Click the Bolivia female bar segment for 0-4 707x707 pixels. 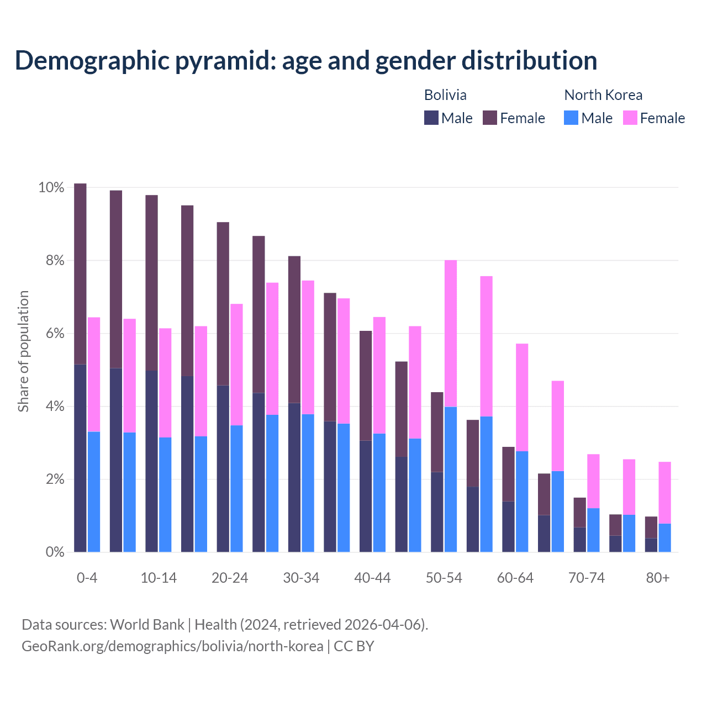tap(80, 273)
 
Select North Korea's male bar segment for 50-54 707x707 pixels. tap(451, 479)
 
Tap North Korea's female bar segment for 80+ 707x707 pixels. tap(664, 492)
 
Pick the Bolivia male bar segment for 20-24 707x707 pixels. tap(223, 468)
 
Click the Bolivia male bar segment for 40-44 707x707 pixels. tap(365, 496)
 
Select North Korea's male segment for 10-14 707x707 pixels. tap(165, 494)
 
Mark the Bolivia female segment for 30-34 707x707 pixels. tap(294, 329)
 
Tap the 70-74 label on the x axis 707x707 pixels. tap(587, 578)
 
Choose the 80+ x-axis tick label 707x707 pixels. tap(658, 578)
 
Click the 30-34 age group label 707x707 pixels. tap(301, 578)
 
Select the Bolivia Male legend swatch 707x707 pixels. tap(431, 118)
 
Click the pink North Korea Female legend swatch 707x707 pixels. tap(630, 118)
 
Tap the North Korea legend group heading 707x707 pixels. tap(603, 95)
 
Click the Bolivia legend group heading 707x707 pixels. tap(445, 95)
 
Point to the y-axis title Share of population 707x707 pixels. tap(23, 351)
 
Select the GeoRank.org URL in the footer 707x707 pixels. tap(172, 646)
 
